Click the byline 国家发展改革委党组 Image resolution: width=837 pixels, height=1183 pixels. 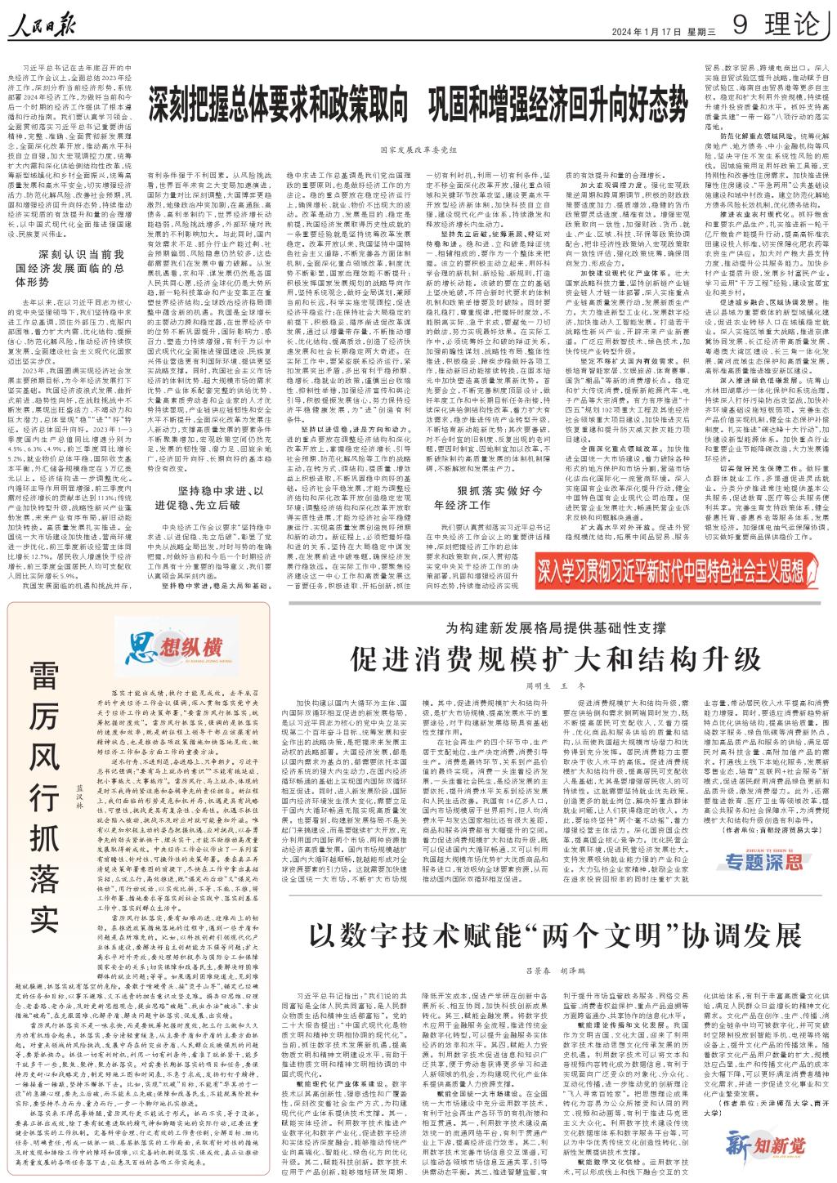point(418,150)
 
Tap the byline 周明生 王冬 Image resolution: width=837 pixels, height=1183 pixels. point(556,686)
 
